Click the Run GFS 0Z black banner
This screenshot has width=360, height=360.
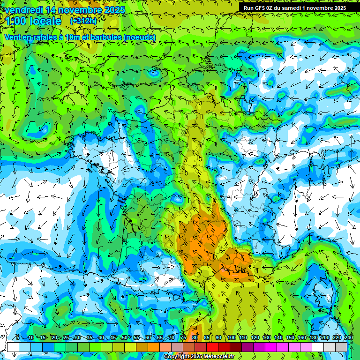pos(294,7)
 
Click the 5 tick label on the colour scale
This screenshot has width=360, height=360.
pos(18,338)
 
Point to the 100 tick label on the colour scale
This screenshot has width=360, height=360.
pos(231,338)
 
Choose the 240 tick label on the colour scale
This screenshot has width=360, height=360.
pos(348,338)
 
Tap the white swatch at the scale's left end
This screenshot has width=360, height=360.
pos(13,347)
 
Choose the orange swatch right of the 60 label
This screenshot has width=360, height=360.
pos(154,347)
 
